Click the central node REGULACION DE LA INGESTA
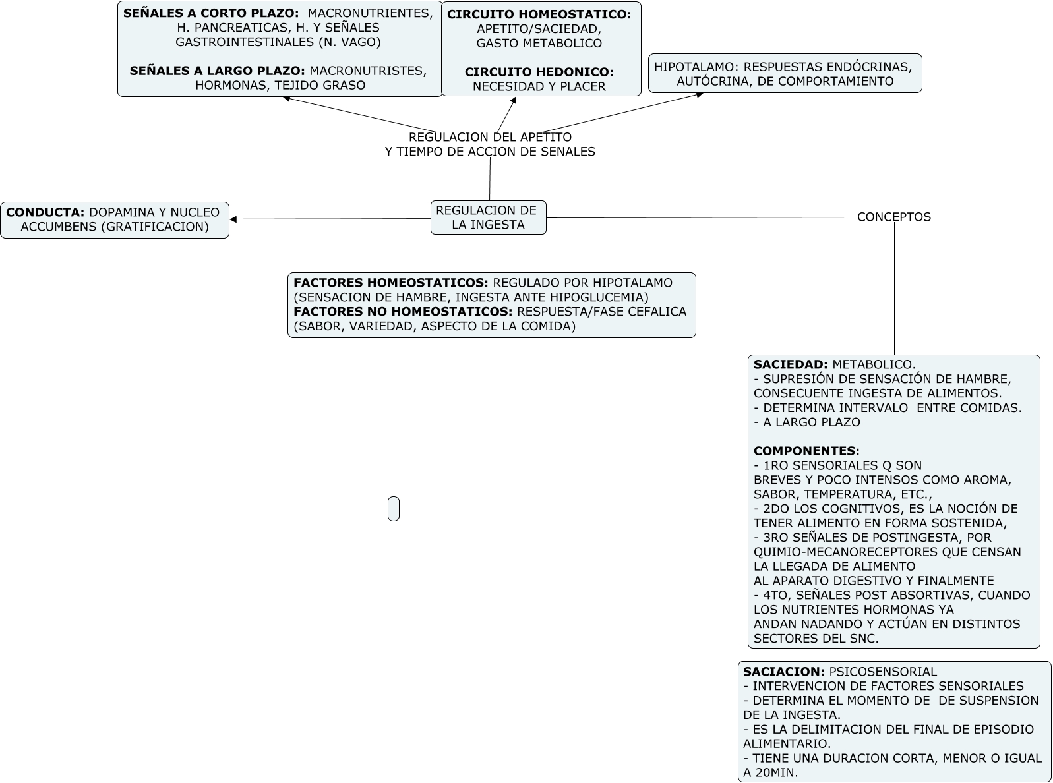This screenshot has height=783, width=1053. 488,217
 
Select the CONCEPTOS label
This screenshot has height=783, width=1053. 893,217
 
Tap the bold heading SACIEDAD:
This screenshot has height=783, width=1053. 790,364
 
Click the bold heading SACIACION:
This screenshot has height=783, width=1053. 783,672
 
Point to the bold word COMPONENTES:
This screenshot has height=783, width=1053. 806,451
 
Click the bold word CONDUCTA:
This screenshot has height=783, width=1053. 45,212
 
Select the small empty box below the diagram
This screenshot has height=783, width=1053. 394,509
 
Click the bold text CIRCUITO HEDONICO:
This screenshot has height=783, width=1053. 539,72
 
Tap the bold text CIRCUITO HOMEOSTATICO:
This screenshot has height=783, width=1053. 539,14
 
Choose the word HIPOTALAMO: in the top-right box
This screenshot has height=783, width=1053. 692,67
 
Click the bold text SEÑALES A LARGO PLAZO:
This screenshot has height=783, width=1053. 217,71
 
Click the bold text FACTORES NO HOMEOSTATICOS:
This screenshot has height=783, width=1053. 403,311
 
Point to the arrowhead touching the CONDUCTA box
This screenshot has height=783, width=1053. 233,219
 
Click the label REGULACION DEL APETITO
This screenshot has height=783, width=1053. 490,137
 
